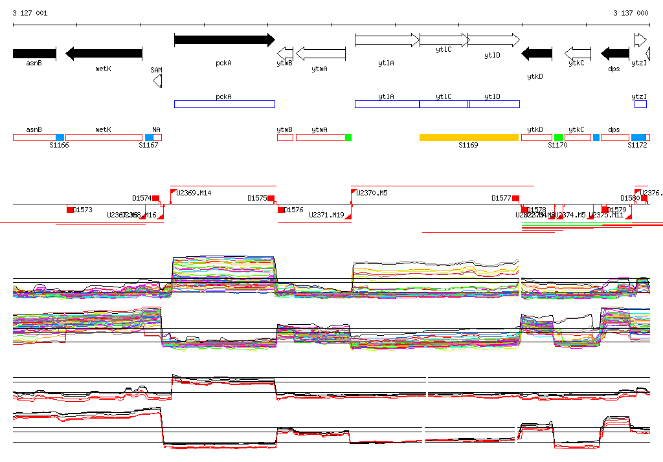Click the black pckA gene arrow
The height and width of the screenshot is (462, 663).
tap(224, 40)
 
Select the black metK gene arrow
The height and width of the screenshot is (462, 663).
tap(104, 53)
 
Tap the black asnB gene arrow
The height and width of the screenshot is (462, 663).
tap(34, 53)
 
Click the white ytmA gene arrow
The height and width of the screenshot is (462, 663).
tap(320, 53)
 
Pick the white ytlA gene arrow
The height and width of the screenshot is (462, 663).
tap(387, 40)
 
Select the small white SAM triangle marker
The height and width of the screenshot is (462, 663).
tap(157, 80)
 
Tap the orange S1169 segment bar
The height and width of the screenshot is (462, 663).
tap(469, 137)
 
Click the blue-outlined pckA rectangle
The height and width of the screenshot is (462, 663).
tap(224, 104)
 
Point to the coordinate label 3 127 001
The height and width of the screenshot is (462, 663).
tap(30, 13)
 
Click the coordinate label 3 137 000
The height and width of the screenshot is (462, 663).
tap(631, 13)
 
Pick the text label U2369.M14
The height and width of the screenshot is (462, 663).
tap(194, 193)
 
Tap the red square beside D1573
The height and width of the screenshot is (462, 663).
tap(70, 210)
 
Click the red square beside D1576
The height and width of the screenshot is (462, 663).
tap(281, 210)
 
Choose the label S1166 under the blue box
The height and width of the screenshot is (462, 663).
tap(59, 146)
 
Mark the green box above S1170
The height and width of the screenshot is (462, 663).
tap(558, 137)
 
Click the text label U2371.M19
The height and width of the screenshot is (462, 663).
tap(326, 215)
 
